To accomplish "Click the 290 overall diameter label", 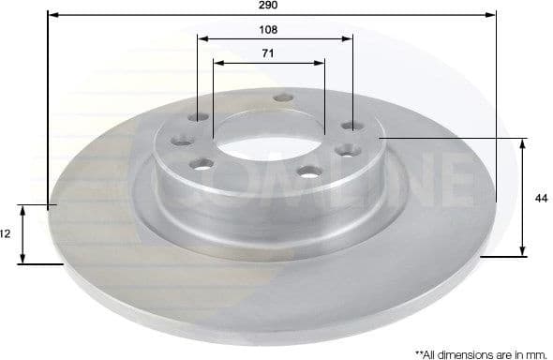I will click(x=270, y=6).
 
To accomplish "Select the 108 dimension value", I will click(x=270, y=29).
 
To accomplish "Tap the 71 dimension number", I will click(x=268, y=52).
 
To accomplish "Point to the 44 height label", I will click(x=540, y=198).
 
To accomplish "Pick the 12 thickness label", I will click(x=5, y=234).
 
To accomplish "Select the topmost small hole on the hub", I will click(x=280, y=97).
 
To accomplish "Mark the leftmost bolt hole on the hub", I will click(x=179, y=142).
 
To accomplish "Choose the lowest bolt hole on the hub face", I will click(x=308, y=172).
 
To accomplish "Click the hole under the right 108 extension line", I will click(x=352, y=126).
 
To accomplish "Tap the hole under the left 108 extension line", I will click(x=197, y=118).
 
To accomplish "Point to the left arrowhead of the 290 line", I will click(x=51, y=16).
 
